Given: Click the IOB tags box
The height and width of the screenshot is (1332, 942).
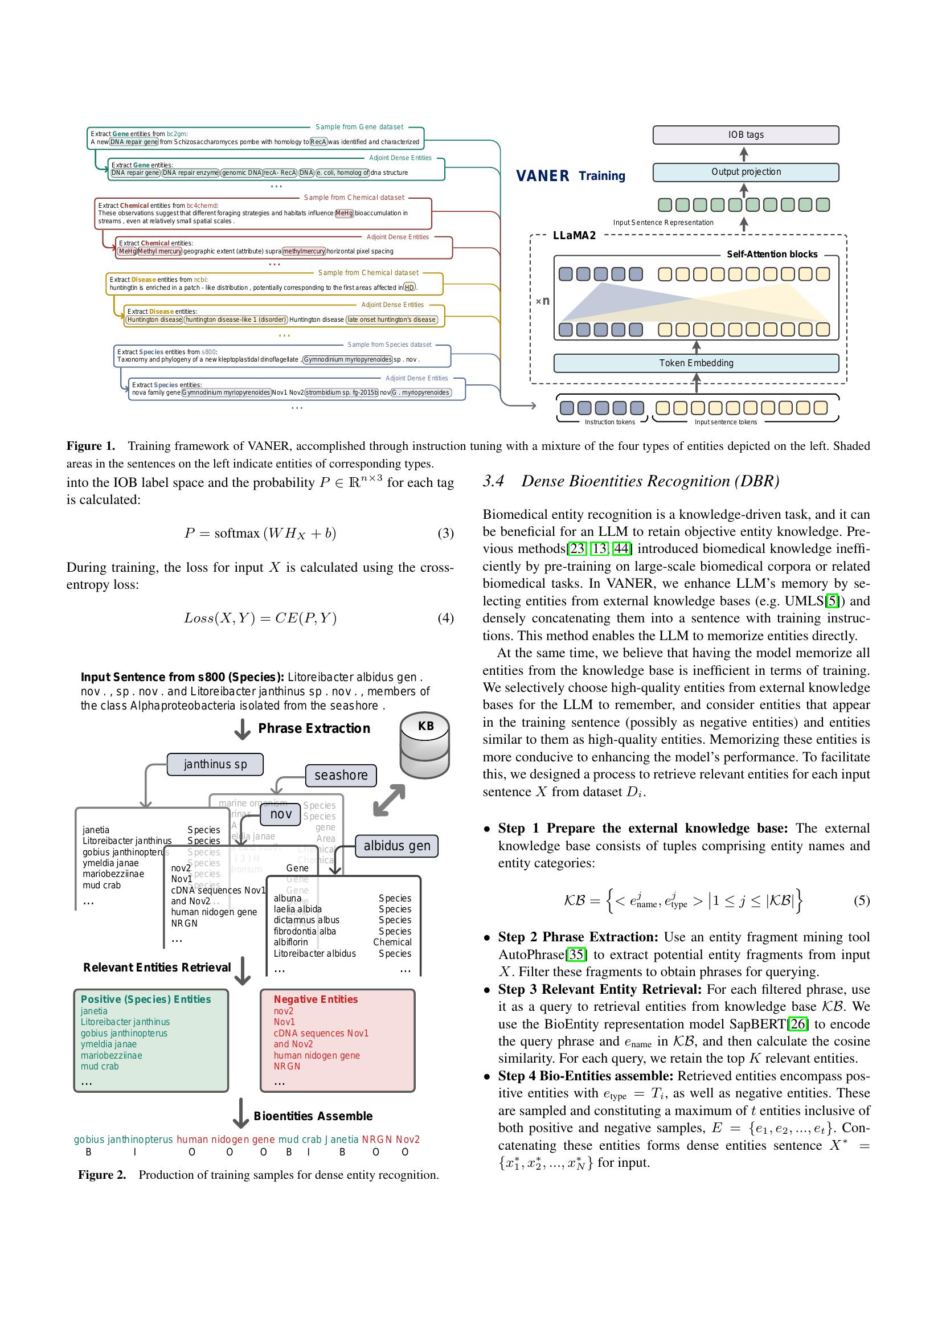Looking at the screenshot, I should coord(746,134).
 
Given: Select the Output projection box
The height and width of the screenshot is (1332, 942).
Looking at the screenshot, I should coord(746,172).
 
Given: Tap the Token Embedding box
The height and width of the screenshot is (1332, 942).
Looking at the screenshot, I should coord(696,363).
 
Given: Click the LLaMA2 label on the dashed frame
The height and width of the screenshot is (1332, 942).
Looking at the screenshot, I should coord(574,236).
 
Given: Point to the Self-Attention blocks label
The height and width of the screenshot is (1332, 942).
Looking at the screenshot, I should coord(772,254).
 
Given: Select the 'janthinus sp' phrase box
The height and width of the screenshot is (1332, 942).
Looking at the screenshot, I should coord(215,764).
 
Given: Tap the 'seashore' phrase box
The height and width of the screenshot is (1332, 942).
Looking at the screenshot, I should coord(341,775).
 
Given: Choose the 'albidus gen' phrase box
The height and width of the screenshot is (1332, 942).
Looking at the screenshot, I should coord(397,846).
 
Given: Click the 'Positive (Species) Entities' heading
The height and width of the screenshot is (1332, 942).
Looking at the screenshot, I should coord(146,999).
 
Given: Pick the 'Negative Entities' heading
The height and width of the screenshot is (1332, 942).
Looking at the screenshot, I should coord(316,999).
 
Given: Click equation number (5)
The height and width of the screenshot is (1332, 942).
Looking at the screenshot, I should coord(861,900).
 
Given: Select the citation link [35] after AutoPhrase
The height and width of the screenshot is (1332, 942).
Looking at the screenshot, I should coord(576,954).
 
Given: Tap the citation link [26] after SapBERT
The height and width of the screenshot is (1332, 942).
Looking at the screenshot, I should coord(798,1024).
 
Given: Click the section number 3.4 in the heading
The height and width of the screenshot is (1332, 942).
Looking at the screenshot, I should coord(494,481).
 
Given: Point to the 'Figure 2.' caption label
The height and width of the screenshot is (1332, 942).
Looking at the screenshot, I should coord(102,1175).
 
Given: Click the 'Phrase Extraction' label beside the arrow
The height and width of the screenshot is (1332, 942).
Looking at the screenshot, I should coord(314,728).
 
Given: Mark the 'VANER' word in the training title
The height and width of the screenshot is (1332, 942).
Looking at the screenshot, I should coord(542,176).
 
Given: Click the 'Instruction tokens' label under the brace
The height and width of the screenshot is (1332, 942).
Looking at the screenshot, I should coord(609,422).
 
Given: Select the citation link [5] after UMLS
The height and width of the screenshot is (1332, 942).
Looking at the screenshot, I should coord(832,601).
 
